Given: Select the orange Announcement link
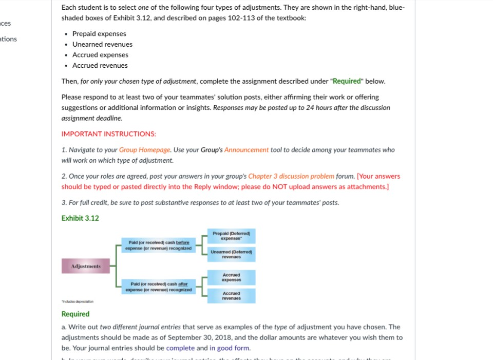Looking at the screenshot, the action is tap(246, 150).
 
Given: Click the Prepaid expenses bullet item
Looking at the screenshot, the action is tap(99, 34).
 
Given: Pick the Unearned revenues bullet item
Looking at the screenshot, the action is tap(102, 44).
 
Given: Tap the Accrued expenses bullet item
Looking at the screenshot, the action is tap(100, 55).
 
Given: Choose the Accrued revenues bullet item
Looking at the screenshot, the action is tap(100, 65).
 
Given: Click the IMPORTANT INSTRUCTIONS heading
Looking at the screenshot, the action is tap(108, 134).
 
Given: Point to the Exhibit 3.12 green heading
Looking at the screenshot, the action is tap(80, 218).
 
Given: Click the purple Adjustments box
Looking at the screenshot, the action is tap(86, 266).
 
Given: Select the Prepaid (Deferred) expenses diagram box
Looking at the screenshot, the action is tap(231, 236).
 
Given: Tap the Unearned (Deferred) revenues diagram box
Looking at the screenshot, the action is tap(231, 254).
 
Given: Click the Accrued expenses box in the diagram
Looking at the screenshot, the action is tap(231, 277).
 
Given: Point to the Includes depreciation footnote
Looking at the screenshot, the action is tap(78, 301).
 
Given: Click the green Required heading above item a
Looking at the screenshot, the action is tap(75, 314).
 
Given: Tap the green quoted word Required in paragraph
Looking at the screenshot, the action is tap(346, 81).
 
